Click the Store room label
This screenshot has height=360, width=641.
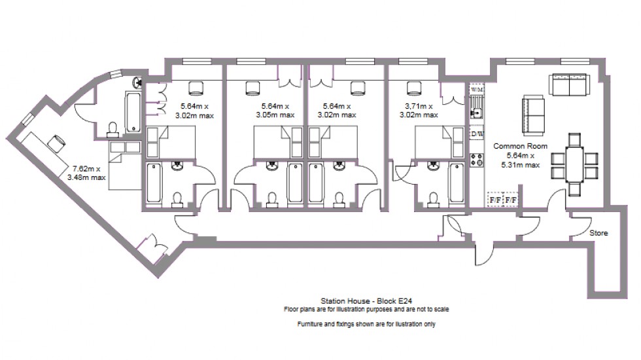(x=598, y=233)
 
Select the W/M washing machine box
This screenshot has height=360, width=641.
(x=477, y=89)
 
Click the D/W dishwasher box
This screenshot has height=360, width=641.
(x=477, y=134)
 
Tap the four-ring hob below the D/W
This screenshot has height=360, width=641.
(x=477, y=158)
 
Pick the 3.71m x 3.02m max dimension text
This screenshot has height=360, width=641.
(x=418, y=110)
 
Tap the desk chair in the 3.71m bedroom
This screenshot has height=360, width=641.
(x=413, y=87)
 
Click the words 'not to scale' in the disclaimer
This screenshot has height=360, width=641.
(x=434, y=309)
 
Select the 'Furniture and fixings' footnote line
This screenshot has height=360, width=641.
(x=365, y=324)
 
